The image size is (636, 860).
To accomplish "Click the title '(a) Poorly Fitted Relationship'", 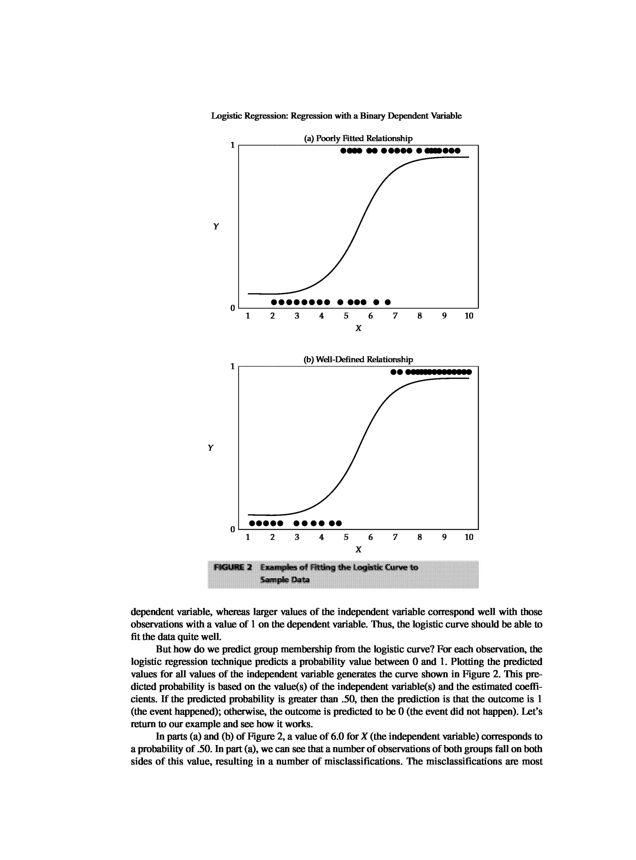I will point(358,138).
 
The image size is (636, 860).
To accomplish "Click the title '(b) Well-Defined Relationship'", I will point(358,359).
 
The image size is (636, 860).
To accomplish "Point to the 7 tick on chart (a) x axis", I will point(395,316).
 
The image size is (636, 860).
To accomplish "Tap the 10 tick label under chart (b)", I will point(469,537).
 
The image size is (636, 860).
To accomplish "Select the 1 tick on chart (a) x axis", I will point(248,316).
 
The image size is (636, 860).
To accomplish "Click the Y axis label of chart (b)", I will point(210,448).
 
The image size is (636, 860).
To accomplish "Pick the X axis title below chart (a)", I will point(358,328).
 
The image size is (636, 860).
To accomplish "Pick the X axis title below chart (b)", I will point(358,549).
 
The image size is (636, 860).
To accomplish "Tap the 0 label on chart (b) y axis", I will point(232,529).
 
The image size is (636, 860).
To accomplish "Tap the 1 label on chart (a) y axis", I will point(232,145).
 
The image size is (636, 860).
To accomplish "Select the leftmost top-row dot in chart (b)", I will point(393,372).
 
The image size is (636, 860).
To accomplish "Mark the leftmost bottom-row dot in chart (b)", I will point(252,523).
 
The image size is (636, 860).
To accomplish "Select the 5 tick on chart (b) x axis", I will point(346,537).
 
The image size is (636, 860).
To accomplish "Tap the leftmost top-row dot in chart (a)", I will point(343,151).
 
